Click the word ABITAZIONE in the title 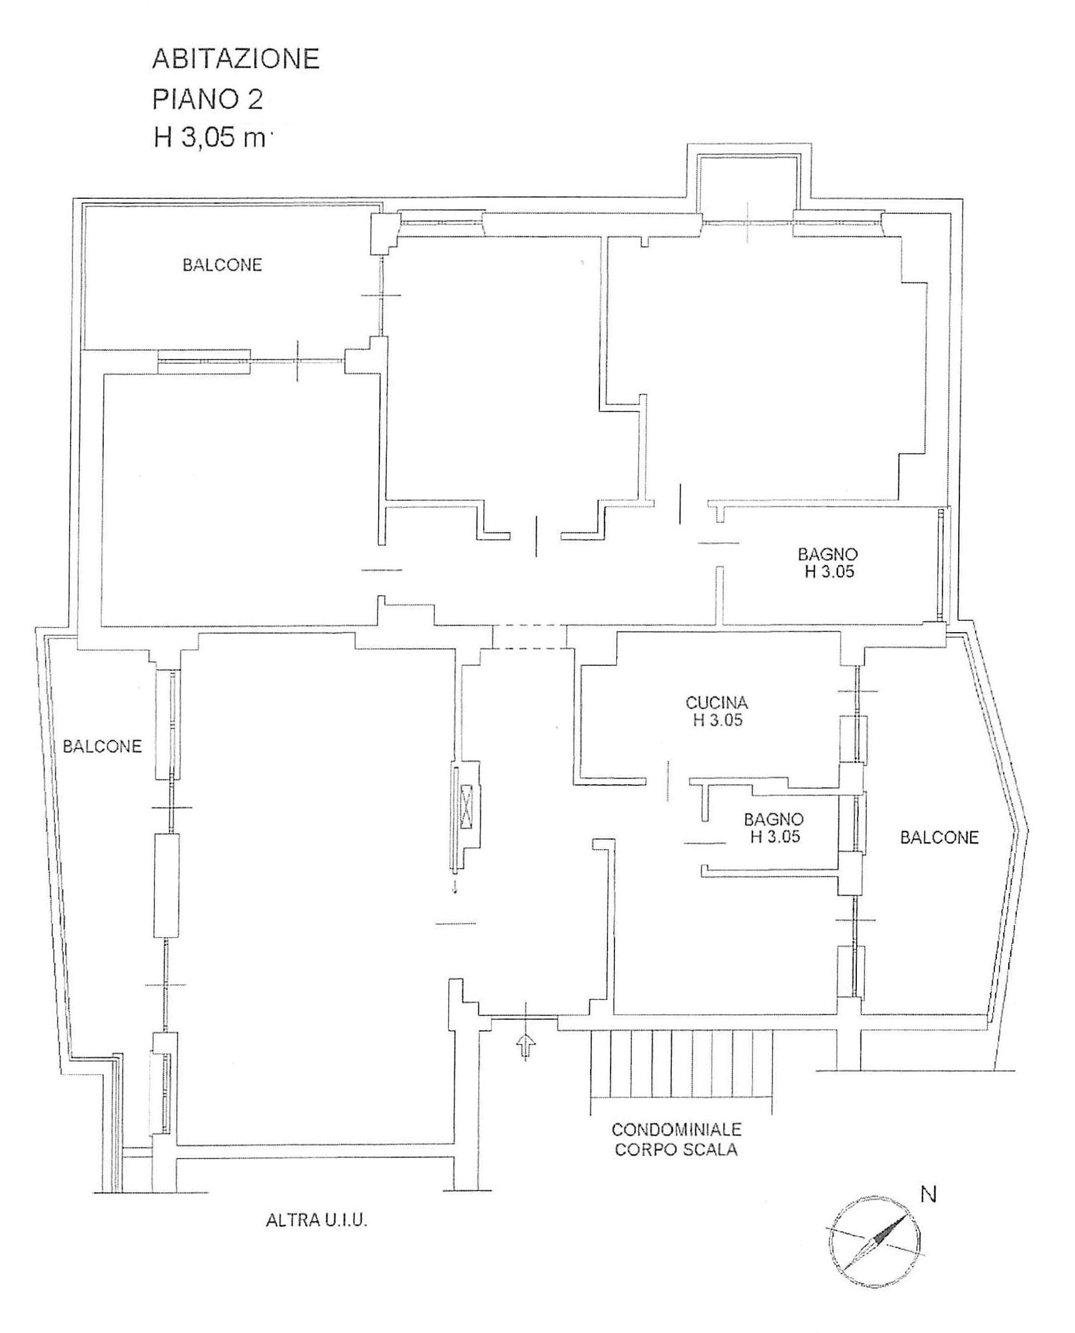236,59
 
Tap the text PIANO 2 207,99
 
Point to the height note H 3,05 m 210,138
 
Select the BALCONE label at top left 222,265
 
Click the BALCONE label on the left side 102,746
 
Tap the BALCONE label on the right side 939,837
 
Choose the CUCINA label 716,703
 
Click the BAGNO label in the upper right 828,554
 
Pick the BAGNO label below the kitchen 774,819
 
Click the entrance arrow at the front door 527,1045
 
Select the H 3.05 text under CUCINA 717,720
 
